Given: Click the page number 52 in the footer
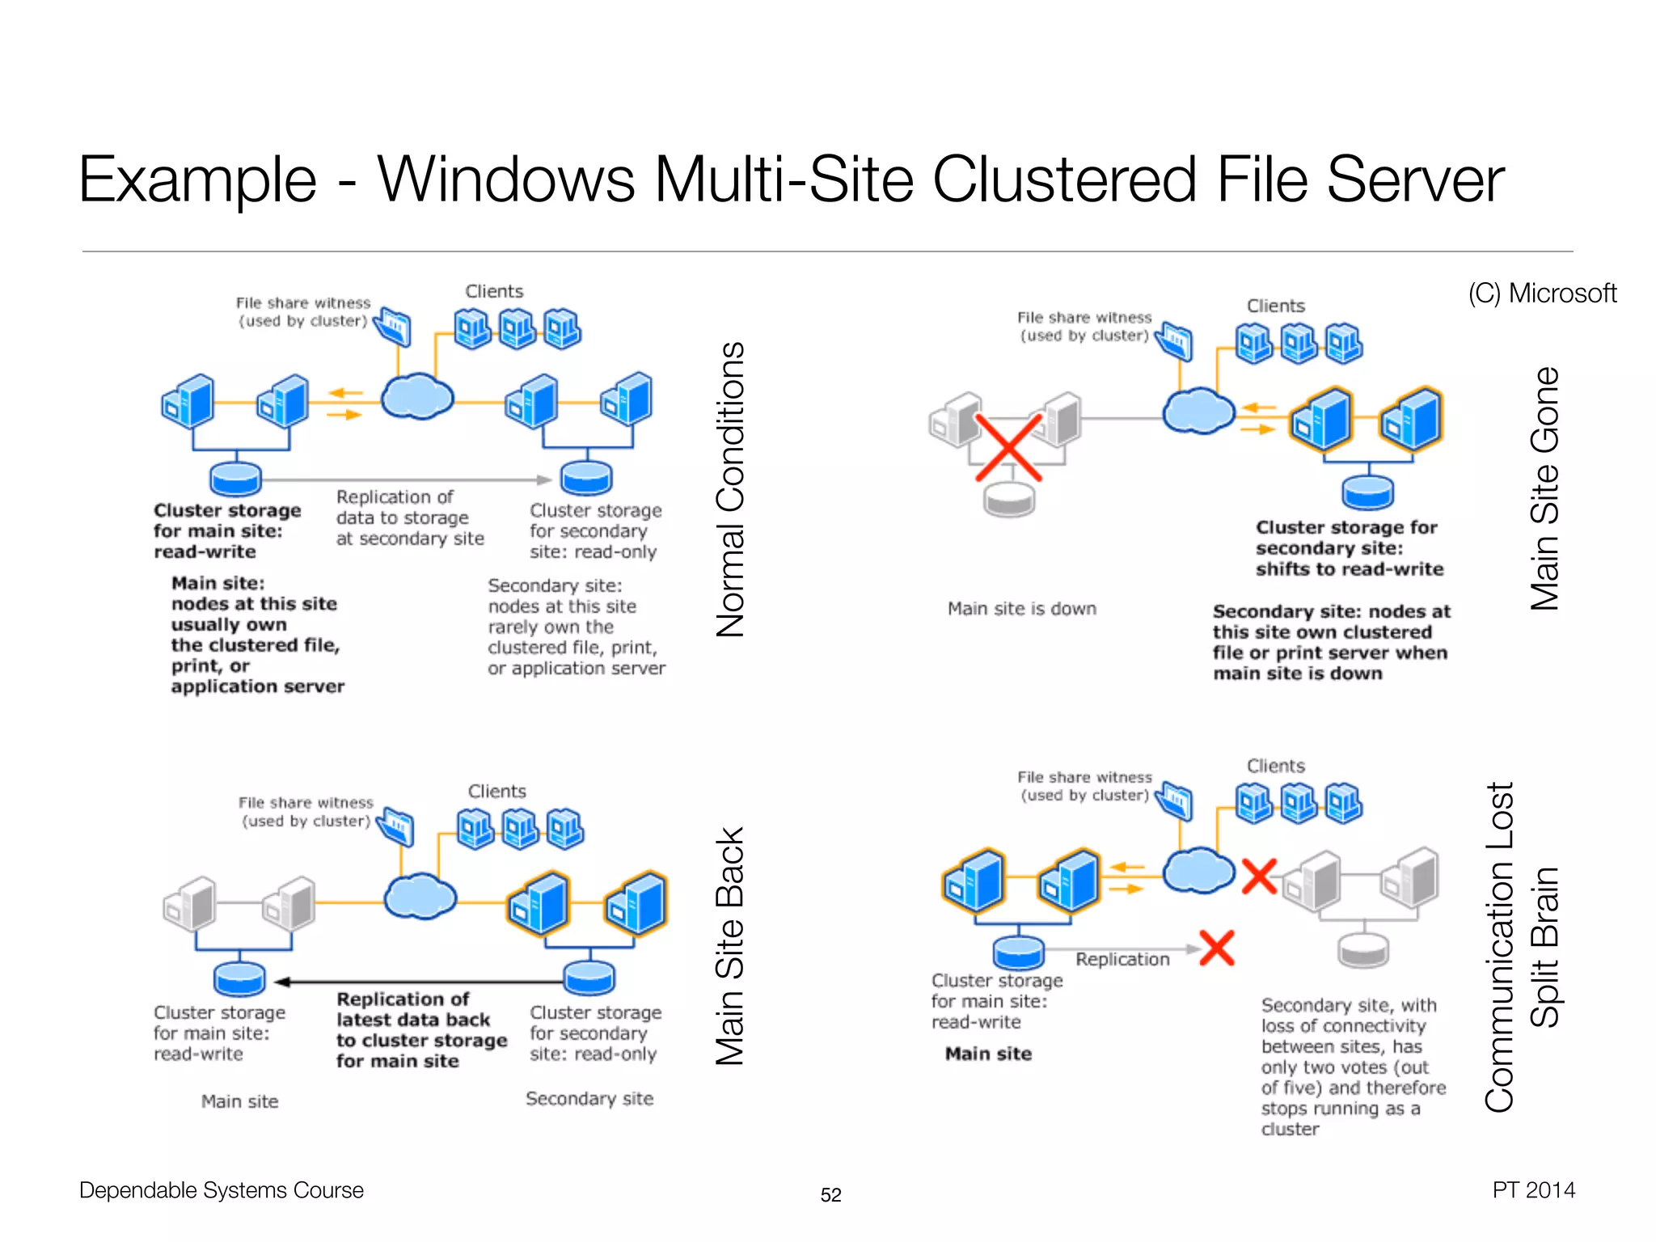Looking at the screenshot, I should pyautogui.click(x=830, y=1194).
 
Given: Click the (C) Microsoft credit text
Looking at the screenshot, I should pyautogui.click(x=1541, y=293).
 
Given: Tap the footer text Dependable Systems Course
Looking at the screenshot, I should pyautogui.click(x=221, y=1190).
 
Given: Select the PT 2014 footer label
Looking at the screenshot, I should pyautogui.click(x=1533, y=1189).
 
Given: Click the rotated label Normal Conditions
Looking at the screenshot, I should pyautogui.click(x=730, y=489).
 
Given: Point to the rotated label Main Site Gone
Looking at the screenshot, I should pyautogui.click(x=1544, y=488).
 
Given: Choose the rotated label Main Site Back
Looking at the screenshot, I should pyautogui.click(x=730, y=945).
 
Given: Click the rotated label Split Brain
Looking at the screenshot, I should pyautogui.click(x=1544, y=947).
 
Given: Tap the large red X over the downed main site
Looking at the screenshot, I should pyautogui.click(x=1008, y=447).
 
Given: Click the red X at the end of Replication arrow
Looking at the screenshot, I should pyautogui.click(x=1217, y=948).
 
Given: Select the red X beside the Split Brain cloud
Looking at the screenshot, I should pyautogui.click(x=1259, y=877).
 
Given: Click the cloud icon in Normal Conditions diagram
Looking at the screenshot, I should pyautogui.click(x=416, y=396).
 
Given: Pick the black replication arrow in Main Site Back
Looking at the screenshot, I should pyautogui.click(x=420, y=982).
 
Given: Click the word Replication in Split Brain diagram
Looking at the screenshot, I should pyautogui.click(x=1122, y=959).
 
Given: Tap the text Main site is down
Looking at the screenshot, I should pyautogui.click(x=1021, y=608).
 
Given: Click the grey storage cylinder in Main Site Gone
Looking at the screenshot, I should pyautogui.click(x=1009, y=499).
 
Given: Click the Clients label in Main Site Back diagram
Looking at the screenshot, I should pyautogui.click(x=496, y=791).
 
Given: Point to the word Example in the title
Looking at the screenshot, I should pyautogui.click(x=197, y=180).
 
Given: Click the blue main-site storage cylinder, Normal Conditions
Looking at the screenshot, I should pyautogui.click(x=235, y=478).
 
